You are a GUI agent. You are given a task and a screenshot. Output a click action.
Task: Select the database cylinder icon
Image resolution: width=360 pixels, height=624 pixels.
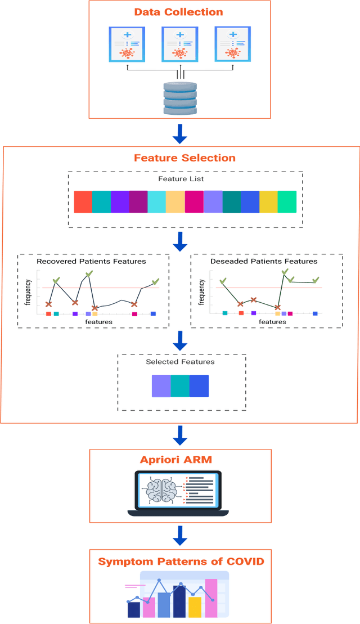[180, 98]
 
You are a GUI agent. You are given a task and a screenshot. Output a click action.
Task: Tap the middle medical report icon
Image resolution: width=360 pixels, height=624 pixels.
[180, 44]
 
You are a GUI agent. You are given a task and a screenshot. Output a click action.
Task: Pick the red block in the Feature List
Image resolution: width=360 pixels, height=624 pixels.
[83, 201]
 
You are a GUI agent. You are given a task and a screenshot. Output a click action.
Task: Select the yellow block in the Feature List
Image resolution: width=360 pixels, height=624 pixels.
[268, 201]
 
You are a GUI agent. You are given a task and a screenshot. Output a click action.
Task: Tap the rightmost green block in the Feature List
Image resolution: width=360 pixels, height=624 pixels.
[287, 201]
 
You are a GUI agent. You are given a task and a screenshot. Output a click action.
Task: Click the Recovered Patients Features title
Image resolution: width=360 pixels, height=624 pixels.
[91, 261]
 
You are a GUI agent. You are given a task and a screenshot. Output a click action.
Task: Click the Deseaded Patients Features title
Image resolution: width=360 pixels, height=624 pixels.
[264, 261]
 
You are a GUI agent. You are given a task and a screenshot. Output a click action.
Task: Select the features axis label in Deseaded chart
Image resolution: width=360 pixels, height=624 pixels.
[272, 322]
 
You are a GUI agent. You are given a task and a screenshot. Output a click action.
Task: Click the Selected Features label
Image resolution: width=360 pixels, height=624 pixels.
[180, 362]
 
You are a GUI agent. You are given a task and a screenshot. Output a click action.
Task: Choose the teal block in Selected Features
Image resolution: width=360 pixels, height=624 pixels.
[180, 386]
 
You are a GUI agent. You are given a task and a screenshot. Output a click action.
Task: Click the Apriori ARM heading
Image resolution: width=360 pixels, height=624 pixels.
[180, 460]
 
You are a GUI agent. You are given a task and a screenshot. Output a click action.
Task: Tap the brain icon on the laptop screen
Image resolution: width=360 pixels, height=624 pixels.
[161, 488]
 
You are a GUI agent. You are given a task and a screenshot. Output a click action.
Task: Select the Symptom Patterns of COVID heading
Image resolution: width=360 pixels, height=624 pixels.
[180, 561]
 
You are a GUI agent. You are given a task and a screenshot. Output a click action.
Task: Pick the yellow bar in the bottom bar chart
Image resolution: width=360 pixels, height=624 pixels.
[195, 607]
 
